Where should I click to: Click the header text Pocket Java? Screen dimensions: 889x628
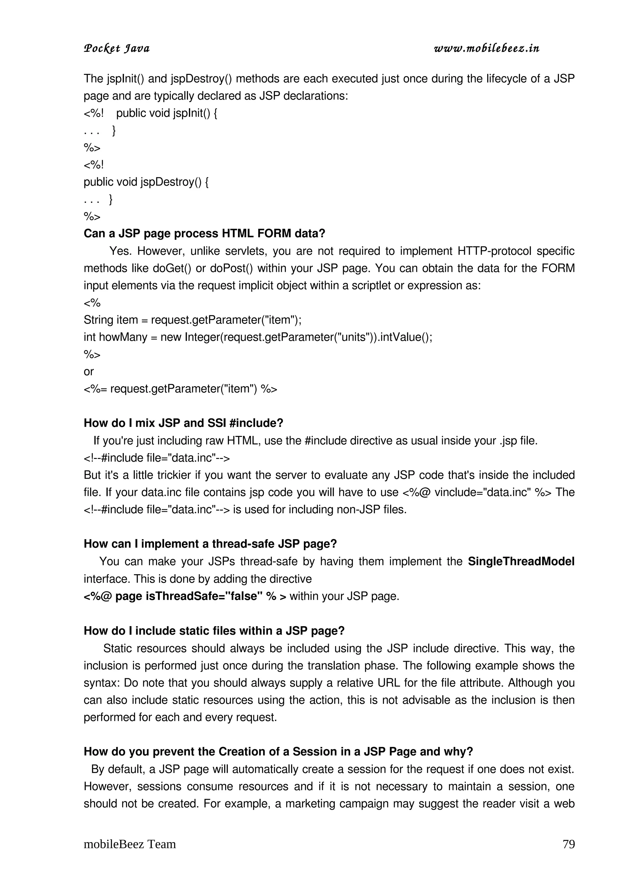117,48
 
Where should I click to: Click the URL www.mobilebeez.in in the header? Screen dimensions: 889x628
486,48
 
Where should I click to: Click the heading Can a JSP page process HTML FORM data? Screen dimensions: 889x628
204,233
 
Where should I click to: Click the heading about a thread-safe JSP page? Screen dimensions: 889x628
210,544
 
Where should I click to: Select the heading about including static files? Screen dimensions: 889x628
214,631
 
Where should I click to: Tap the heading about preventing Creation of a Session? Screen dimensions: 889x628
278,752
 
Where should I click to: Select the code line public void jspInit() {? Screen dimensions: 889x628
167,113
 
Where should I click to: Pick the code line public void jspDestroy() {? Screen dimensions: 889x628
146,182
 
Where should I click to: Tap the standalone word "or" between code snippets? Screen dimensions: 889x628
89,372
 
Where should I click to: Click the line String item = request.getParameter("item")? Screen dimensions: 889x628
192,320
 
